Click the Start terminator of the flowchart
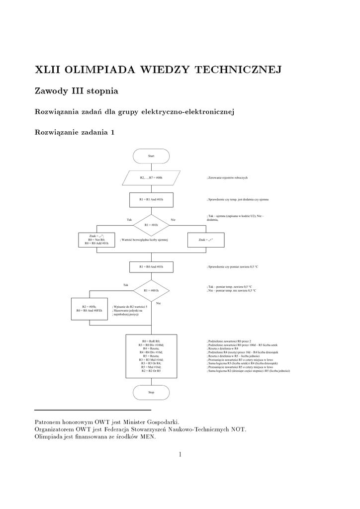coord(151,156)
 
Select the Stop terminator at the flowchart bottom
coord(151,392)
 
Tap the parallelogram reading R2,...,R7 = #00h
coord(151,177)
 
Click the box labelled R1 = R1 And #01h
coord(151,199)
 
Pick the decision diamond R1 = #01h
coord(151,225)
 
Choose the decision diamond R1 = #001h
coord(151,290)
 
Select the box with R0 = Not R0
coord(96,240)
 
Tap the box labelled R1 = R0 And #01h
coord(151,267)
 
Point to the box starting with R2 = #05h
coord(90,308)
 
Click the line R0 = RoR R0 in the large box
coord(151,341)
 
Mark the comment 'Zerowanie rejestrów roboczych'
coord(228,177)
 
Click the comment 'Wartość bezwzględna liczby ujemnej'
coord(144,240)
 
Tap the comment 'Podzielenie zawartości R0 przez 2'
coord(229,341)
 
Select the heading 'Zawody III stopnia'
coord(76,91)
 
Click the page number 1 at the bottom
coord(180,454)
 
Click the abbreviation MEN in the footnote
coord(147,437)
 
